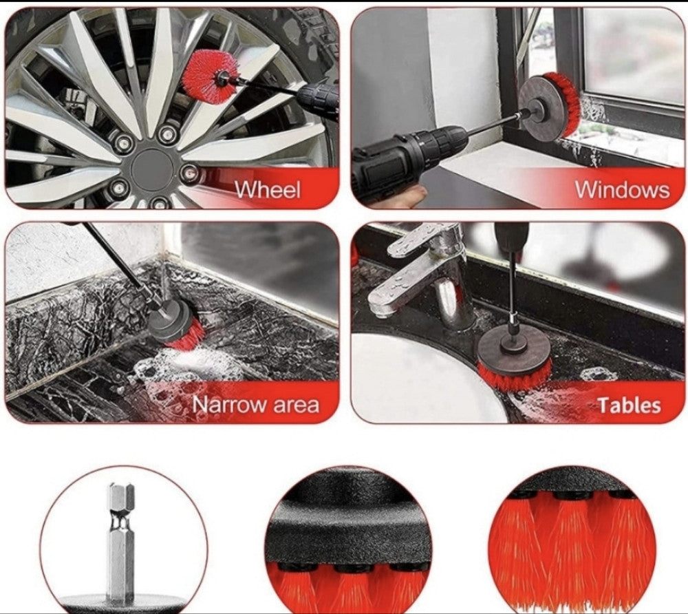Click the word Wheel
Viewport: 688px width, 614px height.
point(268,189)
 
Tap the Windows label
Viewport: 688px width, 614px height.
point(622,189)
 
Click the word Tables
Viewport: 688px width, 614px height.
point(630,405)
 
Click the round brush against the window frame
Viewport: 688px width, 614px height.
point(550,107)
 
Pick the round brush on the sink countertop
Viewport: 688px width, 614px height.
point(513,358)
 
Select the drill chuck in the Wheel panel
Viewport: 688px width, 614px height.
point(316,98)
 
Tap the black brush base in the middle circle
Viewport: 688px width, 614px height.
point(347,518)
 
